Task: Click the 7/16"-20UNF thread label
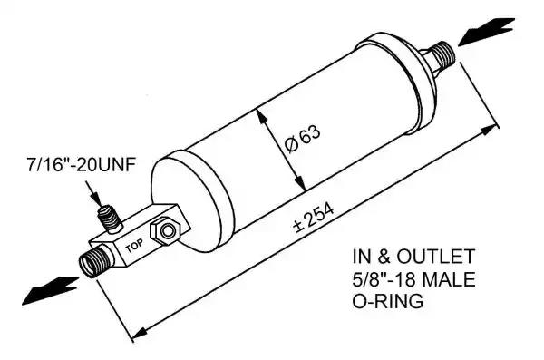[x=81, y=165]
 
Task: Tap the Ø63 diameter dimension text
[x=303, y=138]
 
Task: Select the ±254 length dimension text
[x=314, y=217]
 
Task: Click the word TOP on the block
[x=133, y=246]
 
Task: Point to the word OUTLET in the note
[x=435, y=257]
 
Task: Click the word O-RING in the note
[x=388, y=301]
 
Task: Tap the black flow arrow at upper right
[x=486, y=31]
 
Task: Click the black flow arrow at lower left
[x=50, y=290]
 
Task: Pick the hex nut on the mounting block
[x=165, y=229]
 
